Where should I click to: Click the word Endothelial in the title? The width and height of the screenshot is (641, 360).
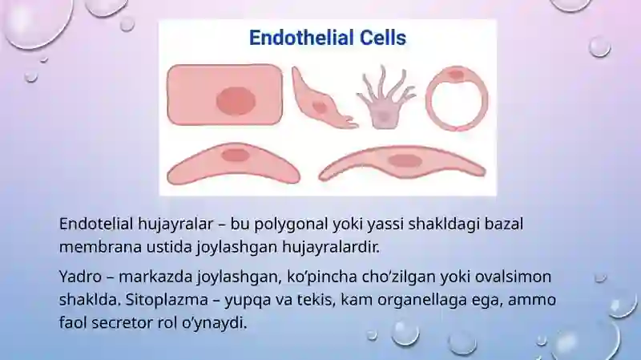tap(301, 38)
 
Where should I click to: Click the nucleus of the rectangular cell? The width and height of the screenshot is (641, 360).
tap(236, 101)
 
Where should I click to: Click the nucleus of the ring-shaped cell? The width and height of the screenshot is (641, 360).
tap(456, 75)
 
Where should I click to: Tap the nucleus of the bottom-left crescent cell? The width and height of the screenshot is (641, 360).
tap(236, 156)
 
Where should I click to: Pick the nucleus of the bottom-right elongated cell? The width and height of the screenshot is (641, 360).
tap(405, 161)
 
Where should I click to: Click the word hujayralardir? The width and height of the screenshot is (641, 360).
tap(331, 248)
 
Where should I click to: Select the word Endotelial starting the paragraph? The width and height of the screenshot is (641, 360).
tap(96, 224)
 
